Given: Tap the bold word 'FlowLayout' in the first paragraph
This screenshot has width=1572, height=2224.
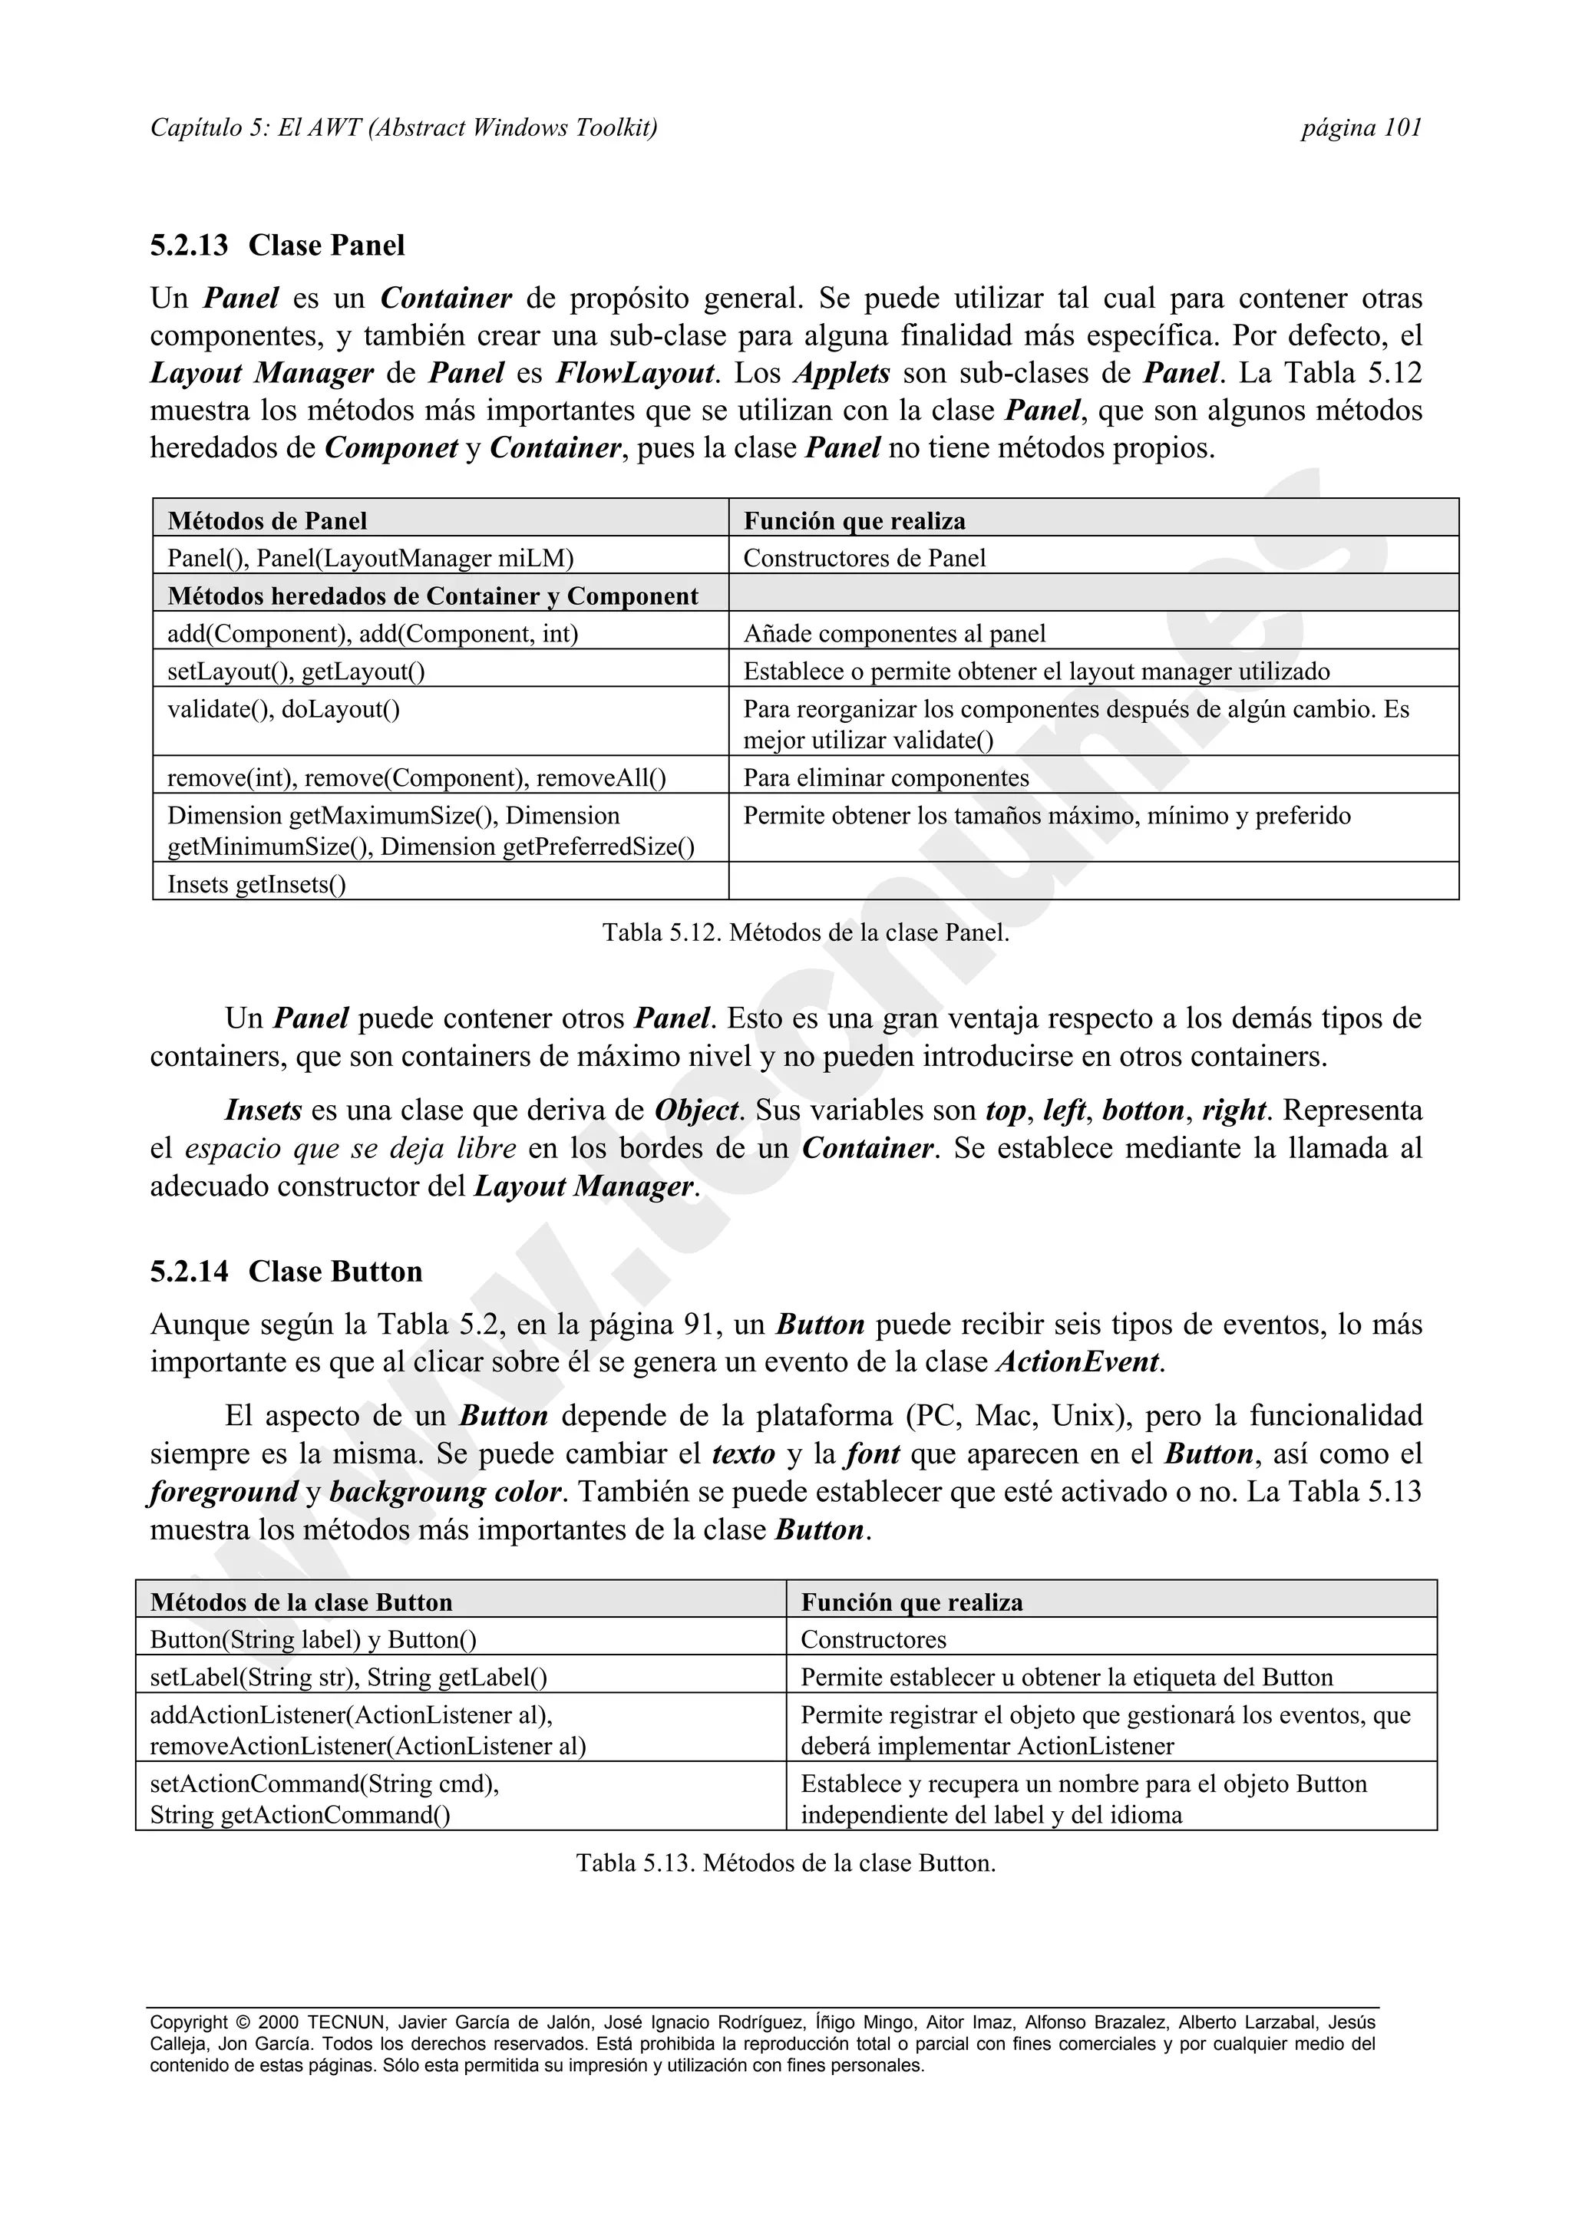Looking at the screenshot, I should click(x=635, y=373).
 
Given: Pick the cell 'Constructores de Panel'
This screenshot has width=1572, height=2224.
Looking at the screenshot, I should click(x=864, y=558).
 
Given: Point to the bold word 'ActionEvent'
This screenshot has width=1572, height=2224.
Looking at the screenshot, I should click(x=1077, y=1362).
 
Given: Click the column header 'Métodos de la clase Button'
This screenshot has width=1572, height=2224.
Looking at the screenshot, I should click(x=301, y=1602).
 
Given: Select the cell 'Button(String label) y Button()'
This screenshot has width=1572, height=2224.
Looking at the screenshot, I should click(x=313, y=1640).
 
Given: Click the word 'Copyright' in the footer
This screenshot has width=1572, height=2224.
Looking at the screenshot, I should click(x=189, y=2022).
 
